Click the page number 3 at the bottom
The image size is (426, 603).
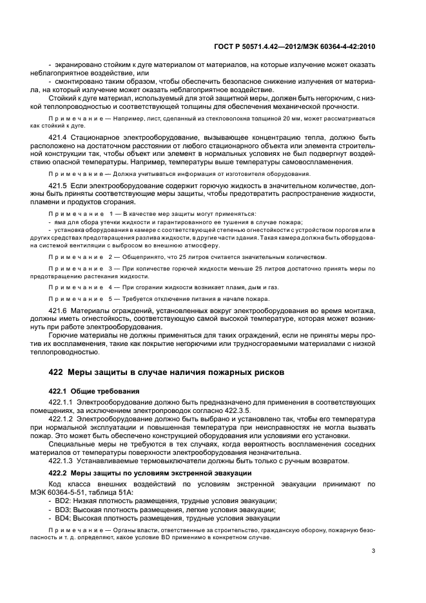[374, 551]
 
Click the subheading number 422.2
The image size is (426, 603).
[59, 473]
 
